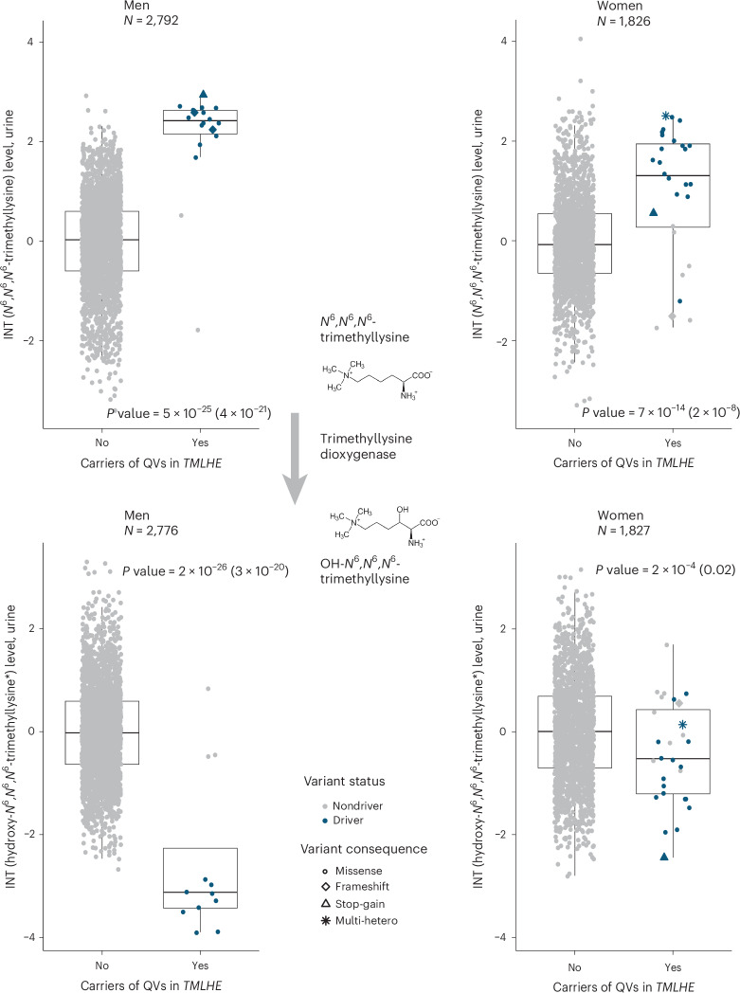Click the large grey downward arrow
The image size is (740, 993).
coord(294,459)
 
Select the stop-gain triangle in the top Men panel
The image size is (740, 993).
coord(203,95)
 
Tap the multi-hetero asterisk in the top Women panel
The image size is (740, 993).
coord(666,116)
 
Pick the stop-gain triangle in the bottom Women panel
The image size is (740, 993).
coord(664,857)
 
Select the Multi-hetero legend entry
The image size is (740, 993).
coord(359,920)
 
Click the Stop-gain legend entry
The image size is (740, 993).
coord(353,904)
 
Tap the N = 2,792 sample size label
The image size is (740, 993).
coord(151,20)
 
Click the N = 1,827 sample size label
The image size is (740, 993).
coord(623,530)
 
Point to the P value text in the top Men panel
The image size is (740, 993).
coord(189,412)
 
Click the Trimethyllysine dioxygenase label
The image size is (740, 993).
coord(366,446)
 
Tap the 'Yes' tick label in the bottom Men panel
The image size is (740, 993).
coord(200,966)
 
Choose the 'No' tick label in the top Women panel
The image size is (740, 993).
coord(574,442)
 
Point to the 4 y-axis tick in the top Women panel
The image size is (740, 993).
coord(505,41)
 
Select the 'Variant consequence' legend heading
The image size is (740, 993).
coord(364,849)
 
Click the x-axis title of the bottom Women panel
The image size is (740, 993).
coord(623,986)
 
